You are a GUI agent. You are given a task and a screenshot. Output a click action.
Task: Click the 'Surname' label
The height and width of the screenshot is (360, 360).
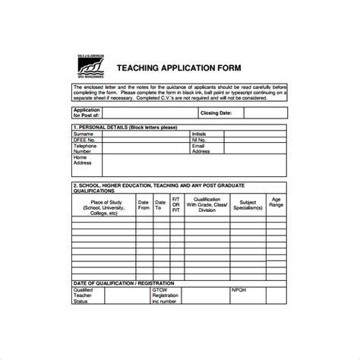83,134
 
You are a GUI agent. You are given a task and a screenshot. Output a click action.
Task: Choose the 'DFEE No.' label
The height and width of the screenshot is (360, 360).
84,141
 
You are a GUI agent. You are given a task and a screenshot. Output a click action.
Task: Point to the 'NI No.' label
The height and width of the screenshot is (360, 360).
200,141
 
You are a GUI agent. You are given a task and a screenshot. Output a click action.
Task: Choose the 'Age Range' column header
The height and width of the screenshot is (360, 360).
276,203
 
